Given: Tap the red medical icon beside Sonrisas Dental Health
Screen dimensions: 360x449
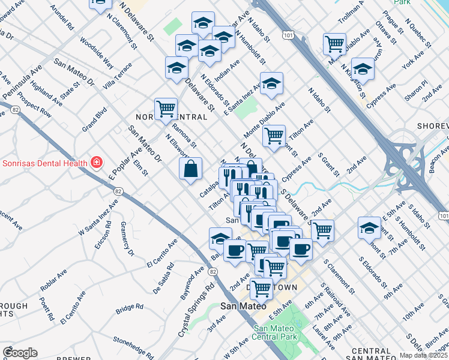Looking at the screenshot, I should coord(95,163).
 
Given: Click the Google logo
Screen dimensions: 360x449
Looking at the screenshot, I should coord(20,353).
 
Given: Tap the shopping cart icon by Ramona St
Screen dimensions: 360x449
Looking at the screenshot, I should coord(166,109).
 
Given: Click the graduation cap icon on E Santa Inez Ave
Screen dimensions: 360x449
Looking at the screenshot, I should coord(271,84).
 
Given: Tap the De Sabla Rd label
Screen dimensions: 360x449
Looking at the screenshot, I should coord(163,278).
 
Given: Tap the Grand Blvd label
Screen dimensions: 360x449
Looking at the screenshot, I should coord(95,119).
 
